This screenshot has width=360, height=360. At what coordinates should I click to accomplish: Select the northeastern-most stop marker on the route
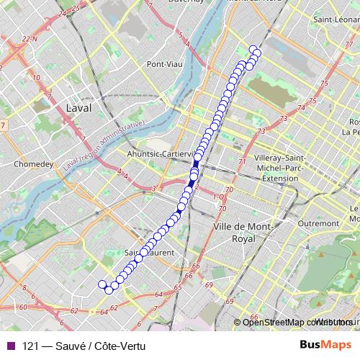coord(253,49)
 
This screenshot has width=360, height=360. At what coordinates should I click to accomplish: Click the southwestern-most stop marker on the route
coord(103,284)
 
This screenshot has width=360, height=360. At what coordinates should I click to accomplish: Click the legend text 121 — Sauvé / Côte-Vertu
coord(84,346)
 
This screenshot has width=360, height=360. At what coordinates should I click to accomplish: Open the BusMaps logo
coord(325,345)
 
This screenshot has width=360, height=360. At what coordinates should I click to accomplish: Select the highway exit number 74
coord(300,108)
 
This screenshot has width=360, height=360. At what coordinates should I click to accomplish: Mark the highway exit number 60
coord(23,307)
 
